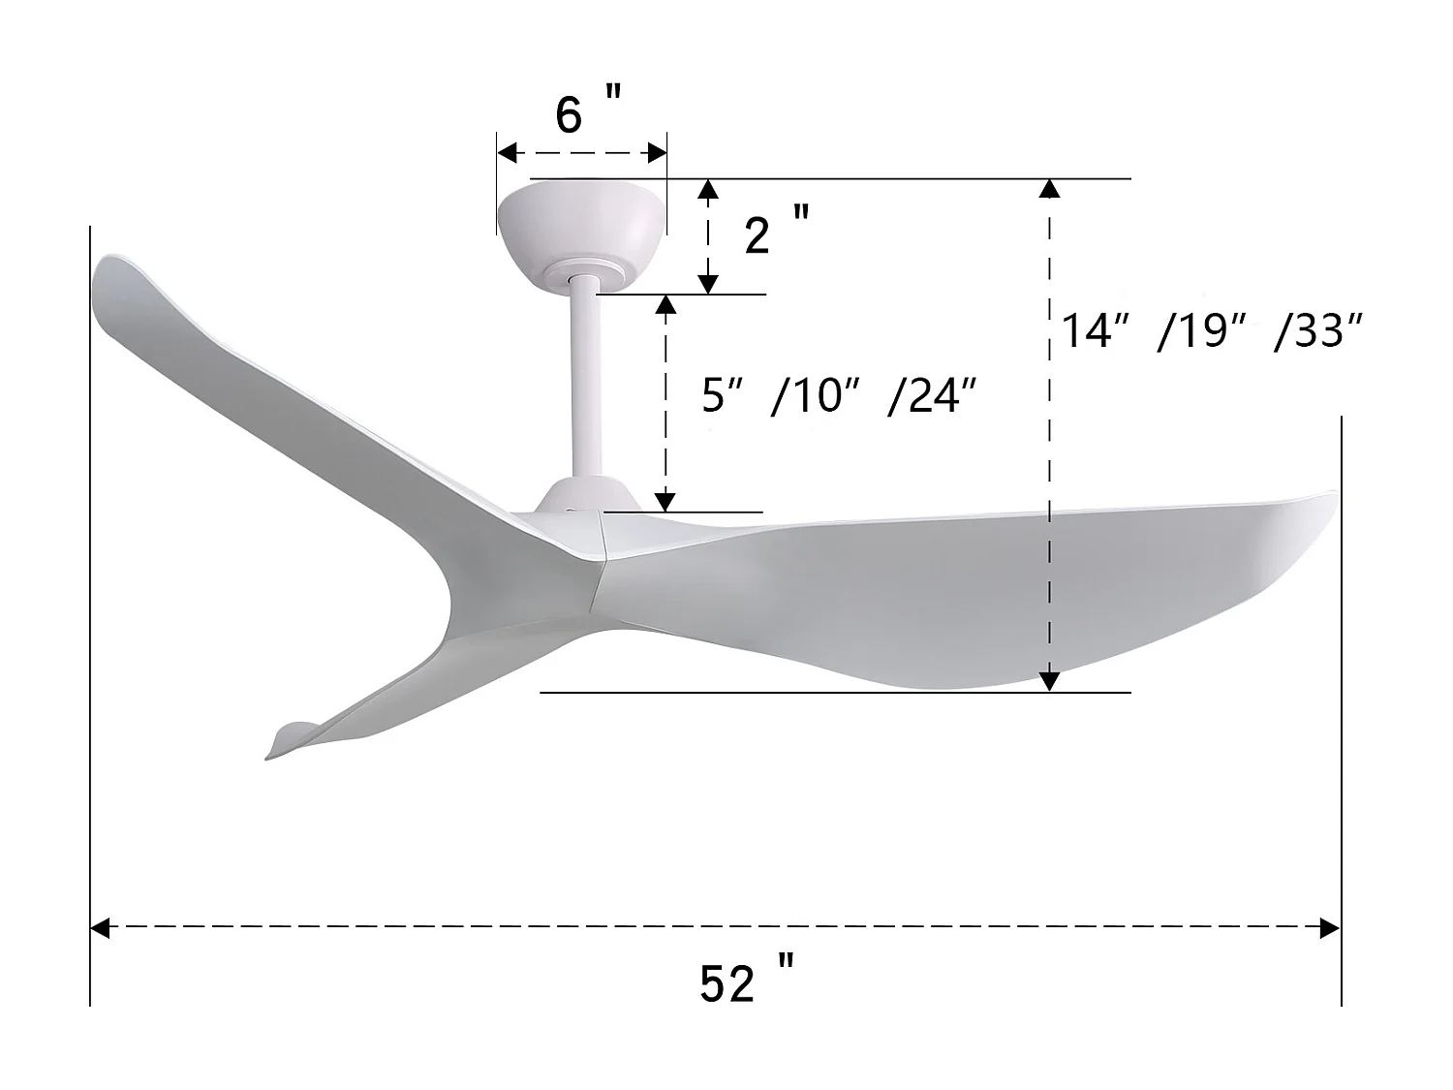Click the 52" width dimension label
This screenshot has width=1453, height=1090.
746,982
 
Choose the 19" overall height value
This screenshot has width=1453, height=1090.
1200,331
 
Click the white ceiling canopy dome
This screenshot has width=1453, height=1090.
581,218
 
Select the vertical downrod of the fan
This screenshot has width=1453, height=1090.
584,378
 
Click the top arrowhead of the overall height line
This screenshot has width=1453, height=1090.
1049,190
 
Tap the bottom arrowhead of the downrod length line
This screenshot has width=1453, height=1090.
665,501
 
